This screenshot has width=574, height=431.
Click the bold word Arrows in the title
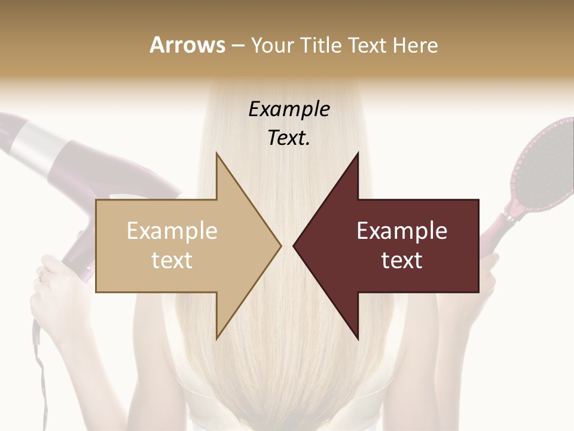point(187,45)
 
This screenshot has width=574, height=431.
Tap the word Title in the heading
point(318,45)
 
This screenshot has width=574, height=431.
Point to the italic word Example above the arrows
point(289,110)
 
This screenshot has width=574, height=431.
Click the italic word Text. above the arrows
point(289,138)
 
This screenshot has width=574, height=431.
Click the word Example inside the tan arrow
point(172,231)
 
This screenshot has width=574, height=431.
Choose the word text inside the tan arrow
point(172,260)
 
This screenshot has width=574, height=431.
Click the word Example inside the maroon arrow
point(402,231)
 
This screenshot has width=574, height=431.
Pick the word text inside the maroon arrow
point(402,260)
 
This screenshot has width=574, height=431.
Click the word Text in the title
point(368,45)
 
